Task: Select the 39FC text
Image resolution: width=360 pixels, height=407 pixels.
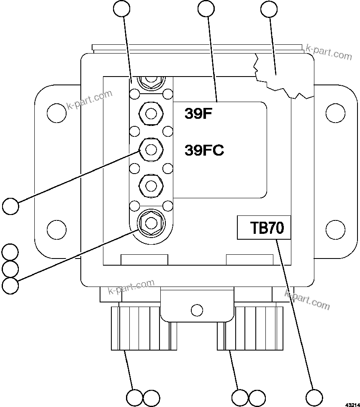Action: point(204,150)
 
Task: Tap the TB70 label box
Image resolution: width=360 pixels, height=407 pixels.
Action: point(264,228)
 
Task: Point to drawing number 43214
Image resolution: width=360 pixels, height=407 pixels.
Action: point(352,404)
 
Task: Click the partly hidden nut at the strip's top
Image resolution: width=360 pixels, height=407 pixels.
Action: point(150,80)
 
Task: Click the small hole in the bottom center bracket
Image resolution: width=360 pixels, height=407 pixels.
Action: point(197,310)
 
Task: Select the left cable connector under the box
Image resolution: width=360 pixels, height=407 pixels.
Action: point(138,328)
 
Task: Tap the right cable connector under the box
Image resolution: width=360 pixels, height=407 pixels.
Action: point(250,328)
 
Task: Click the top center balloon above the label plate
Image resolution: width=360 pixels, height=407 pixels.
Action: point(206,9)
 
